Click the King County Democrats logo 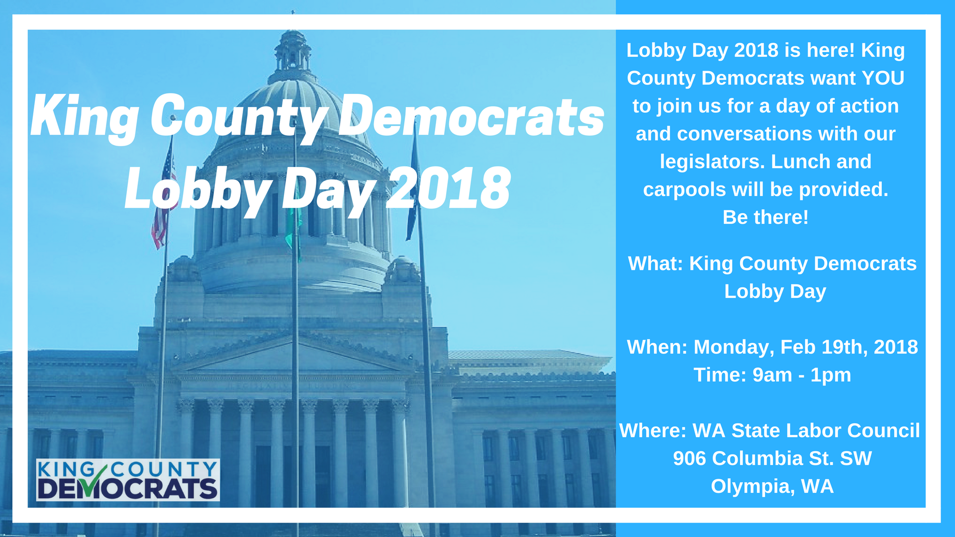click(128, 480)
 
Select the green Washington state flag click(293, 224)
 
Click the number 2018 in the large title click(448, 188)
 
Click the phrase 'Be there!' click(765, 217)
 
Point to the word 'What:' click(656, 264)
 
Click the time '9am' click(772, 375)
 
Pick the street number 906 click(689, 458)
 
